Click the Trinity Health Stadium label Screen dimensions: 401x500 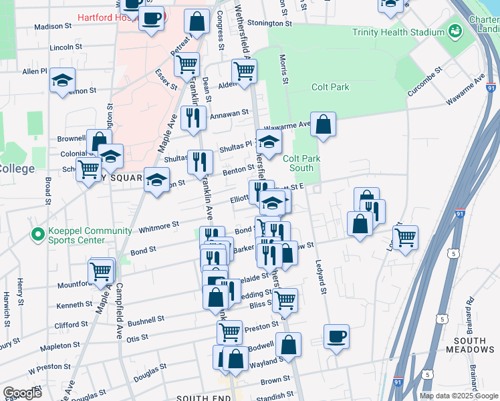tap(399, 32)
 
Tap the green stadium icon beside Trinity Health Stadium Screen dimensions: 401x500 tap(455, 31)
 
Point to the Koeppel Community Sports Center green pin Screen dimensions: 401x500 tap(37, 235)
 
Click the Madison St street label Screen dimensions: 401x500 tap(53, 27)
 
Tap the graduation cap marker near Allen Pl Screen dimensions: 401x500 tap(62, 82)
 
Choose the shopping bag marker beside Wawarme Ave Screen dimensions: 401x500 tap(323, 125)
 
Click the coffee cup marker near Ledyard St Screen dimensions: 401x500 tap(337, 336)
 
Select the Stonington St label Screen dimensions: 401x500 tap(270, 23)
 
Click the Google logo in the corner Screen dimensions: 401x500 tap(22, 393)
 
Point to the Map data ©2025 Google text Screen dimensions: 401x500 tap(459, 396)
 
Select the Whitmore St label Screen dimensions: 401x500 tap(158, 227)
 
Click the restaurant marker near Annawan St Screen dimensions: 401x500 tap(193, 118)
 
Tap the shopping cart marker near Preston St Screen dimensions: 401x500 tap(229, 331)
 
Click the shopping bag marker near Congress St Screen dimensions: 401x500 tap(197, 22)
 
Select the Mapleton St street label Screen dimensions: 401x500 tap(60, 346)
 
